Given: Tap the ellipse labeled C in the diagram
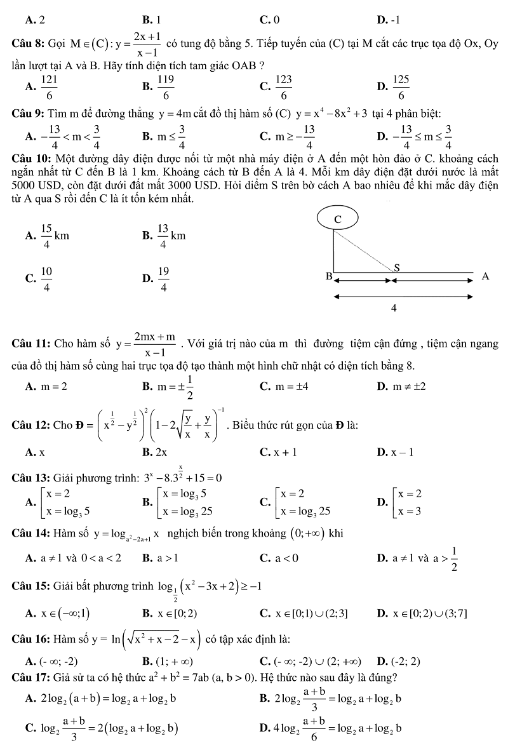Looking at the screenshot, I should (x=338, y=218).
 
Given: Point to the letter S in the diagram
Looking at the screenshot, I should (x=397, y=267).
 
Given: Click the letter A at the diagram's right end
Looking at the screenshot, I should (x=486, y=276).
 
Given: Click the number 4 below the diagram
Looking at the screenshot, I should (x=394, y=308).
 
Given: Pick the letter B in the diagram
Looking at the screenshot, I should (x=329, y=276).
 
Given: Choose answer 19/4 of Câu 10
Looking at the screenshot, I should (x=163, y=279).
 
